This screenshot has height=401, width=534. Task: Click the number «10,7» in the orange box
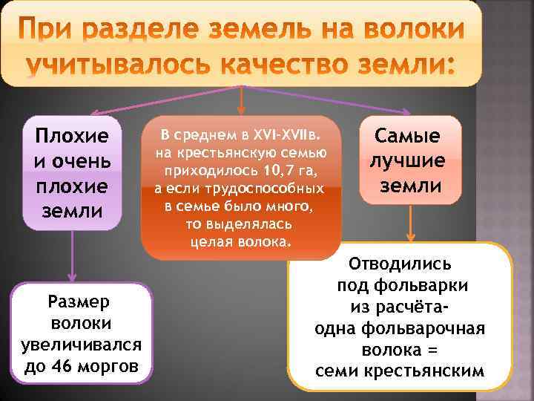[x=274, y=170]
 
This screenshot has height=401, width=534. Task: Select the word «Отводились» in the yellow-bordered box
[x=401, y=264]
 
